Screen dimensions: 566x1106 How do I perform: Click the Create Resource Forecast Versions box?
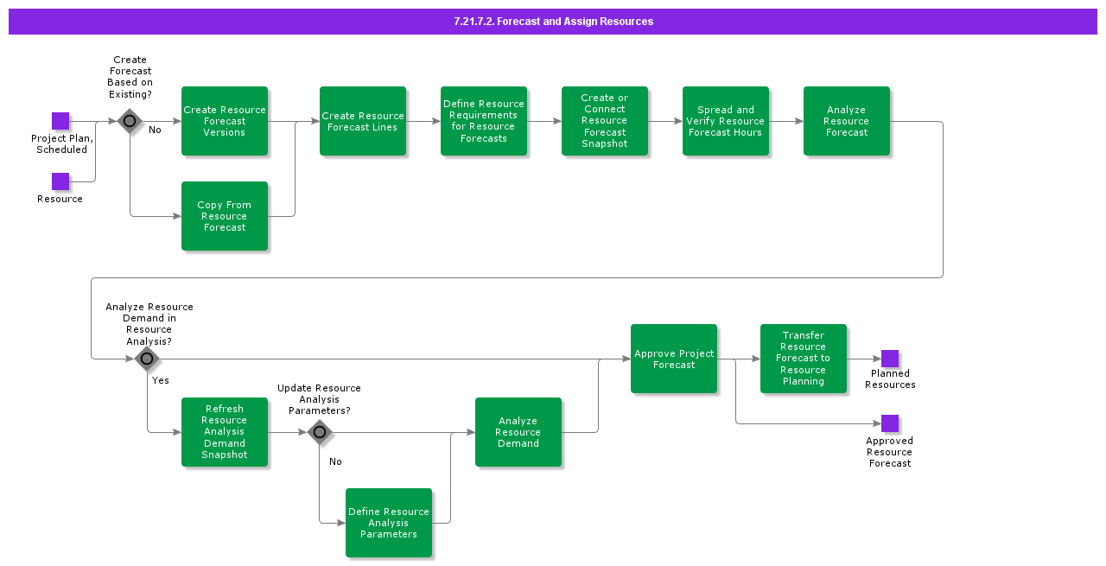tap(225, 121)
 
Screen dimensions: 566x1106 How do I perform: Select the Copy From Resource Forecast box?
tap(225, 216)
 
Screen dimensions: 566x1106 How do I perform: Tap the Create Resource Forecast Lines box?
tap(363, 121)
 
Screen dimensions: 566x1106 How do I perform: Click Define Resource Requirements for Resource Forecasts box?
tap(484, 121)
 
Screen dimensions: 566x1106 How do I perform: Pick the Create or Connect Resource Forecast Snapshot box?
tap(605, 121)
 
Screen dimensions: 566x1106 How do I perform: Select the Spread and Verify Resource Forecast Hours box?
tap(726, 121)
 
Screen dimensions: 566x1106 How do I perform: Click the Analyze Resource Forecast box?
tap(847, 121)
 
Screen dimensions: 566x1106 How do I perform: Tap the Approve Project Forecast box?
tap(674, 359)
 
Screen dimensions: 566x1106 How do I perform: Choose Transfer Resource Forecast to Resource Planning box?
tap(804, 359)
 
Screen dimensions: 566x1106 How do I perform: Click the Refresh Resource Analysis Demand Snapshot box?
tap(225, 432)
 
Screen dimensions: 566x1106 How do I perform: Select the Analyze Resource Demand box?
tap(518, 432)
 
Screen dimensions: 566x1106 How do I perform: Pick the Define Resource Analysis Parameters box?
tap(389, 523)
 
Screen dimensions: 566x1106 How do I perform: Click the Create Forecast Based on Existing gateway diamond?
tap(130, 121)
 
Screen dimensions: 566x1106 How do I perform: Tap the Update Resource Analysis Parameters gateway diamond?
tap(320, 432)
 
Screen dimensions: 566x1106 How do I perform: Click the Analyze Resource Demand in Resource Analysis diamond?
tap(147, 359)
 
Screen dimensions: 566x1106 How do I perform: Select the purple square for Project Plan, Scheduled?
tap(60, 121)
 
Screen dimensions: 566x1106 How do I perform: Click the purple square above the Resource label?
tap(60, 181)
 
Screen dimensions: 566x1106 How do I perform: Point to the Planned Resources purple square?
tap(890, 359)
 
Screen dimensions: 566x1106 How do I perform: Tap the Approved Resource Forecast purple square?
tap(890, 423)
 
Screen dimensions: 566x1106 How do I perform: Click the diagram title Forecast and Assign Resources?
tap(553, 22)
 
